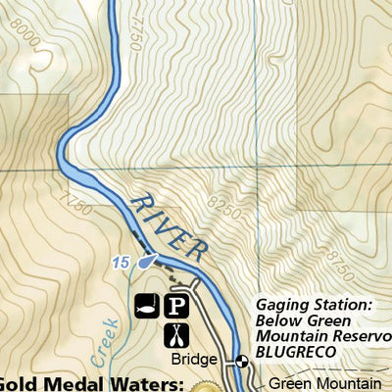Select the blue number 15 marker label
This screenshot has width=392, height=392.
point(121,263)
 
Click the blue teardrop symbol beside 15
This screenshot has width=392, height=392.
point(145,262)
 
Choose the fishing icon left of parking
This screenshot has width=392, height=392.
point(148,306)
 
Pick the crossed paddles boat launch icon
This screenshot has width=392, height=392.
point(175,335)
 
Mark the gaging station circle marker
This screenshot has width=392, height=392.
point(242,361)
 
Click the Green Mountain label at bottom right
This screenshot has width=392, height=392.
point(324,383)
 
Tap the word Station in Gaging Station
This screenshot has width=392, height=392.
point(342,306)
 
